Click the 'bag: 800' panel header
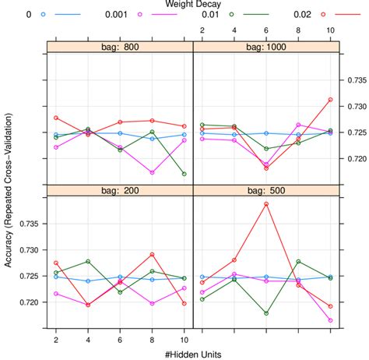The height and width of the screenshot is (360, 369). pos(120,46)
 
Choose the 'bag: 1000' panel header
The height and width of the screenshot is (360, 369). pos(265,46)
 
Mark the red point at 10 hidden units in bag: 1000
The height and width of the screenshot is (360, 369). pos(331,100)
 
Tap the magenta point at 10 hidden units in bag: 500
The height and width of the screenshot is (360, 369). pos(331,320)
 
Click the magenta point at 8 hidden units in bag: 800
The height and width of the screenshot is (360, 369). pos(153,173)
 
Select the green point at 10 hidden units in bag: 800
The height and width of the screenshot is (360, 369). pos(184,175)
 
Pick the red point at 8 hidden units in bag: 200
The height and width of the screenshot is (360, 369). pos(153,255)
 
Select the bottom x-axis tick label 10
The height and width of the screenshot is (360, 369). pos(184,340)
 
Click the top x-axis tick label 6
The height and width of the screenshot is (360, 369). pos(266,30)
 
